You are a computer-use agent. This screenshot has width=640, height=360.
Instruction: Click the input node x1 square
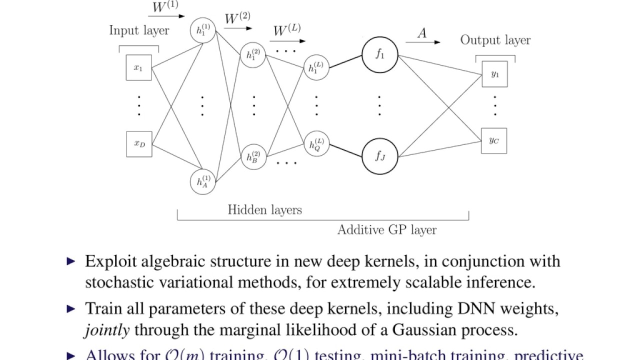(x=138, y=68)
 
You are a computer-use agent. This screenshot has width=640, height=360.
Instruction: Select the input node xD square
(x=138, y=144)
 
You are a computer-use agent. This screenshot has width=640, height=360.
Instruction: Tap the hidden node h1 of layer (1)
(x=202, y=30)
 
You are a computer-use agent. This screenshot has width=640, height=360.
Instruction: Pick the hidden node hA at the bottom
(x=202, y=181)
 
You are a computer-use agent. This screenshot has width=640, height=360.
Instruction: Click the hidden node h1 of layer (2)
(x=253, y=55)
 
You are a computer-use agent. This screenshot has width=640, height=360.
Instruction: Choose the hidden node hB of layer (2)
(x=253, y=156)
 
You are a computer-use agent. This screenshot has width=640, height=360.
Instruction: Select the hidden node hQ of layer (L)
(x=316, y=144)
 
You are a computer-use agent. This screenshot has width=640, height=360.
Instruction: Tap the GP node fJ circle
(x=380, y=156)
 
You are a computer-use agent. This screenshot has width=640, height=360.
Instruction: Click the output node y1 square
(x=494, y=74)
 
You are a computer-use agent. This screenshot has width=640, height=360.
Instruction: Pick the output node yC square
(x=494, y=140)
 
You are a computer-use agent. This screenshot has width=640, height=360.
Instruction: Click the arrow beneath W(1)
(x=167, y=16)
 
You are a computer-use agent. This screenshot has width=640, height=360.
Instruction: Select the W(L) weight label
(x=287, y=30)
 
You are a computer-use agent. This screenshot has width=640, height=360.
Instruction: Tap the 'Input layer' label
(x=139, y=30)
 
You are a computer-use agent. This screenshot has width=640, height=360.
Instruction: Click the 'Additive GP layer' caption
(x=386, y=230)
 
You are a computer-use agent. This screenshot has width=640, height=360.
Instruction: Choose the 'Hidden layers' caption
(x=265, y=209)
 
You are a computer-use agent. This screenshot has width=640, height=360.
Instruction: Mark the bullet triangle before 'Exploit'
(x=71, y=261)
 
